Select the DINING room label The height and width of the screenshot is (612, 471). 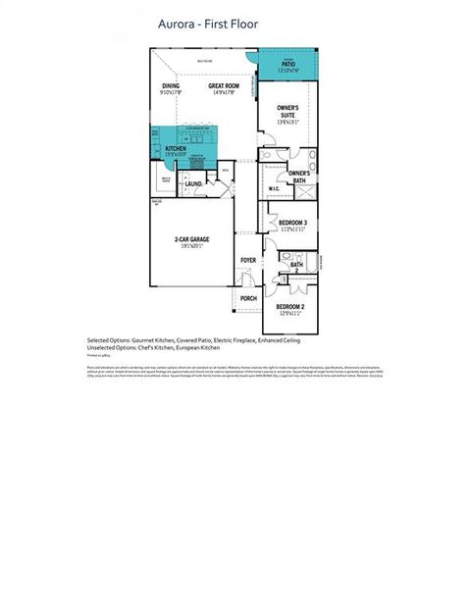point(172,86)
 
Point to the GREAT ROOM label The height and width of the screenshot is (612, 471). point(224,86)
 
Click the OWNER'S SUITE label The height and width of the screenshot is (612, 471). point(288,111)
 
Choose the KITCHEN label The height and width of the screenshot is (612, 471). point(176,149)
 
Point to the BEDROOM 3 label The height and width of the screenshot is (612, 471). point(292,223)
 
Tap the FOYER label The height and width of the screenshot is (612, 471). point(248,260)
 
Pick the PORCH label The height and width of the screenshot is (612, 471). point(248,298)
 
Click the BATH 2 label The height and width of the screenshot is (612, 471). point(296,266)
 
